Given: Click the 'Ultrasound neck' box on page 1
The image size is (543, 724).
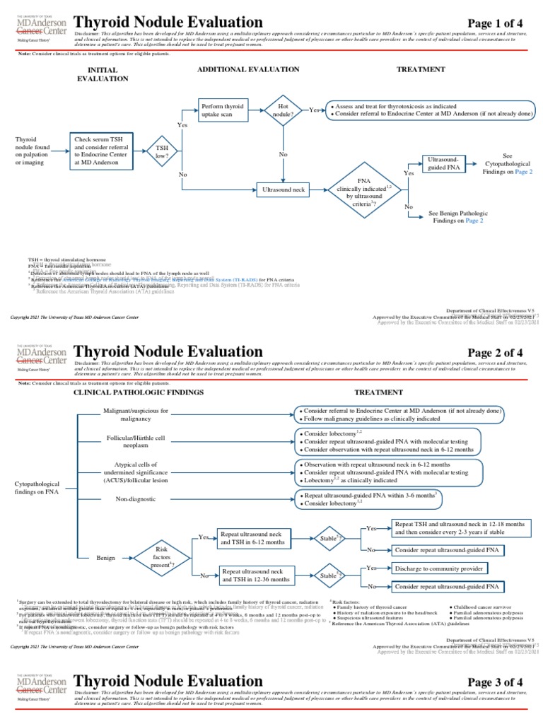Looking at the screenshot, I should pyautogui.click(x=284, y=190).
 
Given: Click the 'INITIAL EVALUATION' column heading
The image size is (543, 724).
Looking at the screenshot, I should pyautogui.click(x=102, y=74).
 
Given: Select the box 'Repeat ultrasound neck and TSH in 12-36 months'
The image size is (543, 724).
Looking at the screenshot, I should pyautogui.click(x=256, y=575).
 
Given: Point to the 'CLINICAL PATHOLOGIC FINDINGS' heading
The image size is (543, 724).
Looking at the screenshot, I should pyautogui.click(x=139, y=391).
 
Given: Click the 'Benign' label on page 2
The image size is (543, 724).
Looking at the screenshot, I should pyautogui.click(x=105, y=557).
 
